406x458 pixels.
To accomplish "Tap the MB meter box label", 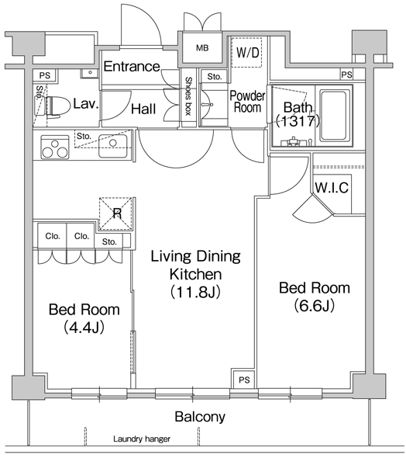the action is tap(202, 48).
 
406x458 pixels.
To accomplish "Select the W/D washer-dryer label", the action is tap(247, 53).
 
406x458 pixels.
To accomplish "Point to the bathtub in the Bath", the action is tap(335, 115).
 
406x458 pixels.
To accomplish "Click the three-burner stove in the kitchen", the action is tap(55, 147).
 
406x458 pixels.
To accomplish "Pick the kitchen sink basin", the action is tap(113, 146).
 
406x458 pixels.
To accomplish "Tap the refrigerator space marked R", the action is tap(117, 213).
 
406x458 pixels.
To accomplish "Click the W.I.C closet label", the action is tap(332, 188).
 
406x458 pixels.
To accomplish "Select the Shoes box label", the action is tap(189, 96).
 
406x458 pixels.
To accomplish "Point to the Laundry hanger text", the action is tap(142, 439).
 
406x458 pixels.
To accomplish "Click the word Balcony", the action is tap(200, 417).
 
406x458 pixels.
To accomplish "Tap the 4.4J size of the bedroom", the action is tap(84, 328).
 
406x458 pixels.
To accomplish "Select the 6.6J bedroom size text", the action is tap(314, 306).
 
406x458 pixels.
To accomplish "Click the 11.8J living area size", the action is tap(195, 292).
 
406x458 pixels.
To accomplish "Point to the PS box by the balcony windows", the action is tap(244, 379).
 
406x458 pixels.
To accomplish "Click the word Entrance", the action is tap(132, 67).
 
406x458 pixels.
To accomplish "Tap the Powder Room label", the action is tap(247, 102).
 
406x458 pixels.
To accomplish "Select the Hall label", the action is tap(143, 109).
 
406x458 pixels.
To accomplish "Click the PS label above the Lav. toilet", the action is tap(45, 75).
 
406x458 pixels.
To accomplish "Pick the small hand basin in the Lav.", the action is tap(90, 73).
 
